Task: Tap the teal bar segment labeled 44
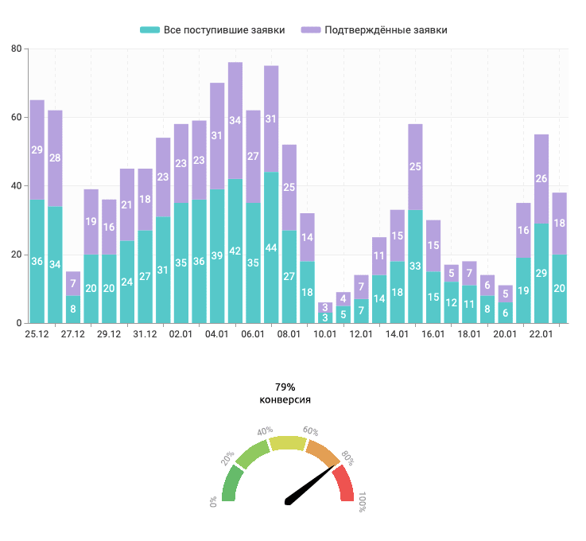(271, 247)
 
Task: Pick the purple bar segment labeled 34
(235, 121)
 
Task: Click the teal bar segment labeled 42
(235, 251)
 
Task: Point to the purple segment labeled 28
(55, 158)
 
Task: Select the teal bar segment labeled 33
(415, 267)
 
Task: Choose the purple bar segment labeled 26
(541, 179)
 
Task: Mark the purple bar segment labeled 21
(127, 204)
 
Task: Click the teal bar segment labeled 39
(217, 256)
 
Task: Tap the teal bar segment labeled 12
(451, 302)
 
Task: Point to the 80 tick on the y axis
(16, 49)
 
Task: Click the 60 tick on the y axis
(16, 118)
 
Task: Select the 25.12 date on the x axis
(37, 334)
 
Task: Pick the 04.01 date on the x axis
(217, 334)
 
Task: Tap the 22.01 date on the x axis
(541, 334)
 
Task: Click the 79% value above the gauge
(285, 387)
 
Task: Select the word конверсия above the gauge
(285, 399)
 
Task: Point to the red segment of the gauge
(345, 485)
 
